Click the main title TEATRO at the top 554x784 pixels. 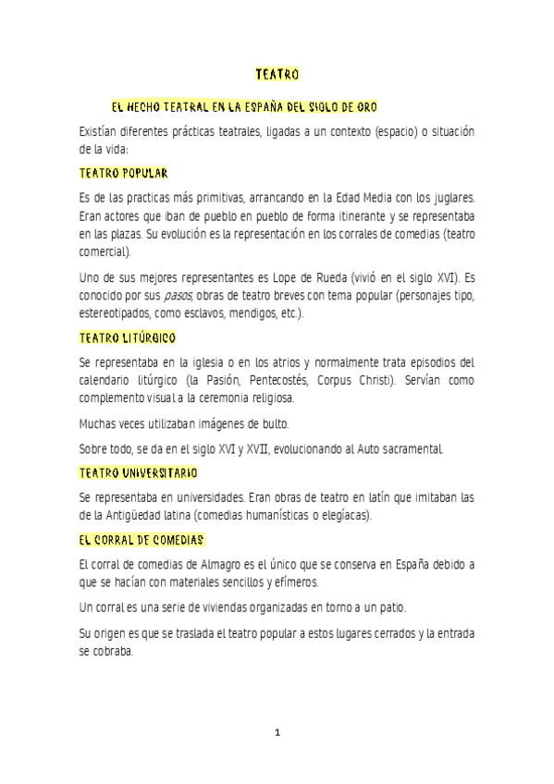coord(277,73)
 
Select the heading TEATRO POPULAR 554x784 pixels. coord(123,173)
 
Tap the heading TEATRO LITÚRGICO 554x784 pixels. coord(128,339)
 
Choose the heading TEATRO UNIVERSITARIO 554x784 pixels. coord(139,472)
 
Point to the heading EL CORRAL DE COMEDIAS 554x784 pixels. coord(142,539)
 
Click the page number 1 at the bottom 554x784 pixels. coord(277,733)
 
